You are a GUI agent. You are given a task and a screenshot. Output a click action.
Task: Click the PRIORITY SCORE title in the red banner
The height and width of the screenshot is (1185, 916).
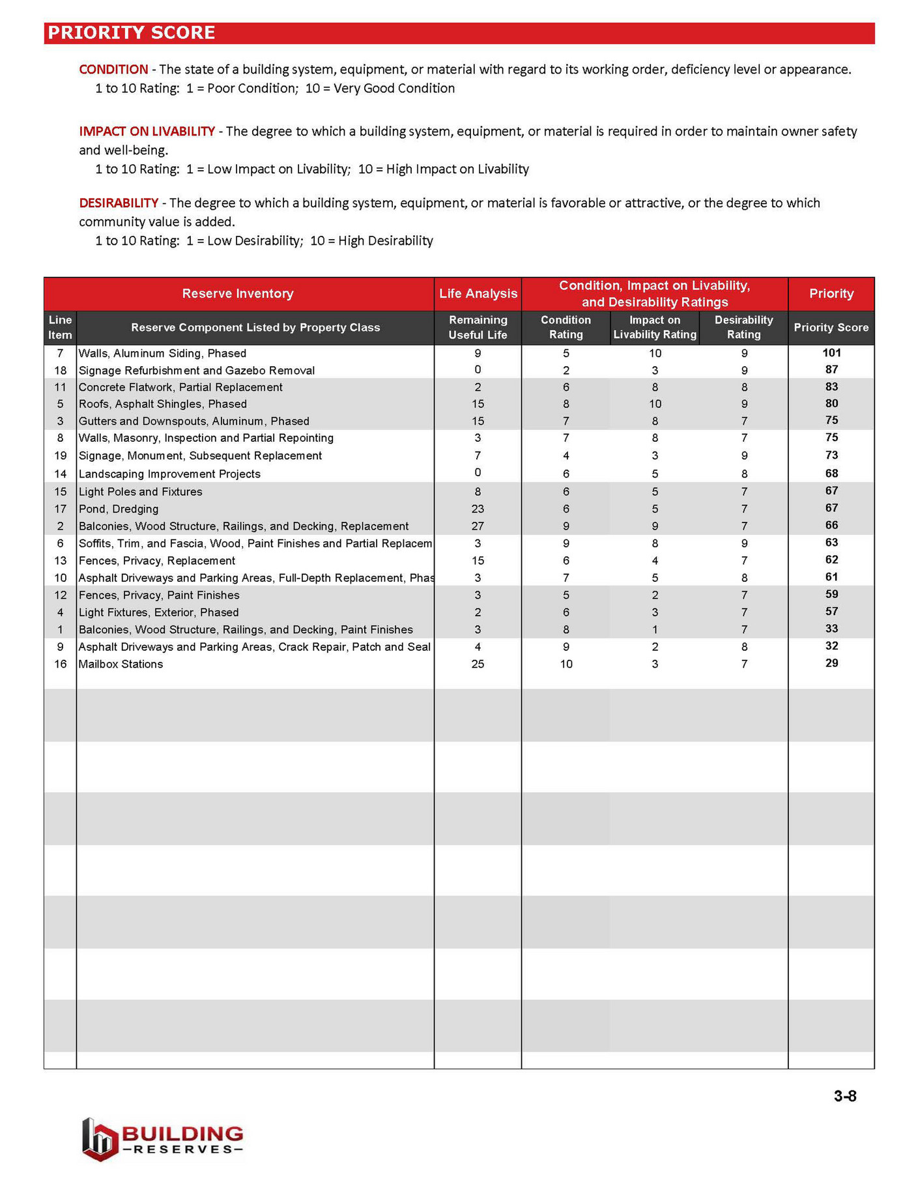131,33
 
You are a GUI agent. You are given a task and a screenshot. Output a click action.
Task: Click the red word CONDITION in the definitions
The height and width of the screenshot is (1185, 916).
113,70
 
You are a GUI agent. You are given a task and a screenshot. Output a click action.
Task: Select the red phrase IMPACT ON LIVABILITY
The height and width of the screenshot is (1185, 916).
147,132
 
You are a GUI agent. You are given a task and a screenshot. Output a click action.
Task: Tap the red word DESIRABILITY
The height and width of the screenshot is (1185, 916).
119,203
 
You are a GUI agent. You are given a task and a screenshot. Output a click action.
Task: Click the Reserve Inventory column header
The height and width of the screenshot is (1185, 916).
238,294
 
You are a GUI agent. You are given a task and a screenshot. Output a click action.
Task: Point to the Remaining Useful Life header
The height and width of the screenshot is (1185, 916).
478,328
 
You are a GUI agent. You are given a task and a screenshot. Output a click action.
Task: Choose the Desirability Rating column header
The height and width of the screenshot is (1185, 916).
743,328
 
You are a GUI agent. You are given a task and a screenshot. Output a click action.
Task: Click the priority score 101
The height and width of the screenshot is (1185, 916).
831,353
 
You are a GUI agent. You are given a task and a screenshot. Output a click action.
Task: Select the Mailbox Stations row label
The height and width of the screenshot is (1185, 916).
121,664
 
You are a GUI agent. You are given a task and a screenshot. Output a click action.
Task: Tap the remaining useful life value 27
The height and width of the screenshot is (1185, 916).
478,526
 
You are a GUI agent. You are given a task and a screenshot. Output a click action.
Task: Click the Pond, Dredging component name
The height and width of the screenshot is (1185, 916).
118,509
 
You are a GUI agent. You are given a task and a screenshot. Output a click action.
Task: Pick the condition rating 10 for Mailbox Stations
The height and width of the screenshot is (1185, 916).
565,664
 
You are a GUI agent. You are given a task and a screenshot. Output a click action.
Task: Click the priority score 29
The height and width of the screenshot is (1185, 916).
831,663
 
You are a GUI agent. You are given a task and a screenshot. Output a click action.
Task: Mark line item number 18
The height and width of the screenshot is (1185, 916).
60,371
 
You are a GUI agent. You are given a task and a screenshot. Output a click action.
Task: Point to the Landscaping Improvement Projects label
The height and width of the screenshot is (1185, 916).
169,474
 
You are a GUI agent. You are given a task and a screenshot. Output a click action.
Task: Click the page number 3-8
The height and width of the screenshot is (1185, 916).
844,1096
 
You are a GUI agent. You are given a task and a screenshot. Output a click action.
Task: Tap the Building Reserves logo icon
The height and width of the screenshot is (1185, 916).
99,1139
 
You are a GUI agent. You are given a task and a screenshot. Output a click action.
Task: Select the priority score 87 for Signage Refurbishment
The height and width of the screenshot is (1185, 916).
831,370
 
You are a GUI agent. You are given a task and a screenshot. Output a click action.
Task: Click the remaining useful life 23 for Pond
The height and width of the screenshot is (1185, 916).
478,509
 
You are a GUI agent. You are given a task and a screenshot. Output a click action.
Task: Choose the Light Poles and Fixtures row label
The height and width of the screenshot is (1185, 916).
140,492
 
